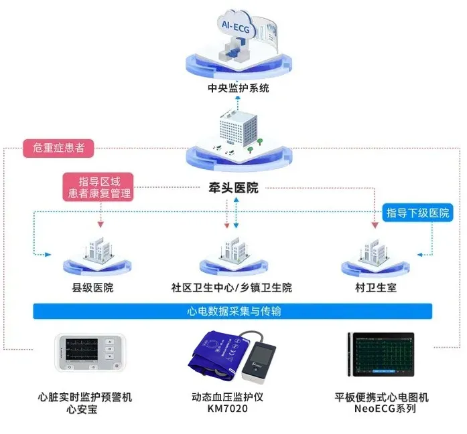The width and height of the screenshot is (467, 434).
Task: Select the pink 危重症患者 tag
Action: (58, 148)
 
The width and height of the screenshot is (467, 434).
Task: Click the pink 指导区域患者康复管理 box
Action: (96, 187)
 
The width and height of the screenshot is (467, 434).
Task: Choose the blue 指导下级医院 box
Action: (417, 213)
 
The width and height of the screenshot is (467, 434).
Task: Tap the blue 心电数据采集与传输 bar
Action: (232, 311)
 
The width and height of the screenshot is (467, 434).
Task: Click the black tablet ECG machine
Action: (379, 354)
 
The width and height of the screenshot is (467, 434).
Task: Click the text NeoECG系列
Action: (380, 409)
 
